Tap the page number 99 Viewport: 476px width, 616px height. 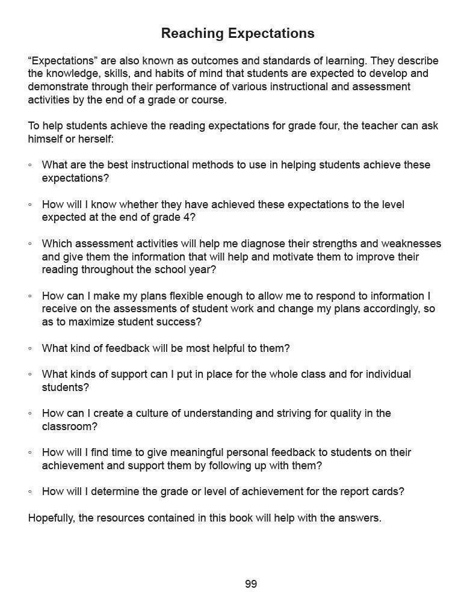(251, 584)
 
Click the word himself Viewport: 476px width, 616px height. (48, 139)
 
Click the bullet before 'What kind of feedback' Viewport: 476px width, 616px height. (30, 348)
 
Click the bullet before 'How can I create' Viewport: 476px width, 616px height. (30, 413)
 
